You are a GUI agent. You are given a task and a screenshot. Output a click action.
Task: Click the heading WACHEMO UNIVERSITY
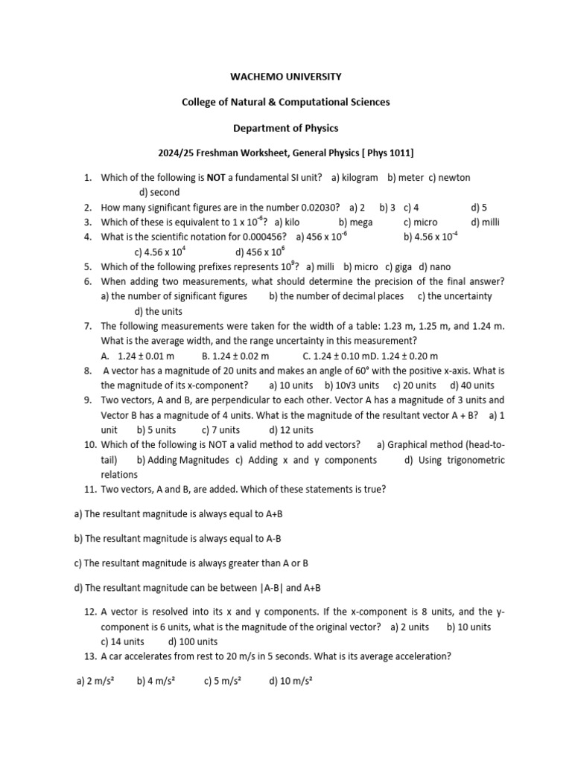coord(286,76)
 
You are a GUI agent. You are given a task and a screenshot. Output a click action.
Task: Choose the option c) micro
coord(420,222)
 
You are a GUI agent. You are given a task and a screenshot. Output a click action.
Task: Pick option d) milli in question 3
coord(485,222)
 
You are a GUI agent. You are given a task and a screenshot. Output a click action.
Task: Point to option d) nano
coord(434,266)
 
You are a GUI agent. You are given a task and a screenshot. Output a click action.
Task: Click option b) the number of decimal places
coord(337,296)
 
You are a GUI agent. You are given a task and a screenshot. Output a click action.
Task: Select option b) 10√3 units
coord(352,385)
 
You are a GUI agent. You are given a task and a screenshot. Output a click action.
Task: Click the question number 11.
coord(89,490)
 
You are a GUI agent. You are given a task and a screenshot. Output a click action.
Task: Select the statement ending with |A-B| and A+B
coord(197,588)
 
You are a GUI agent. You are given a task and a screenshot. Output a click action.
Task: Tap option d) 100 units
coord(193,641)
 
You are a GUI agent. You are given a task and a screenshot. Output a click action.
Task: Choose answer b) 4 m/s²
coord(155,681)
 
